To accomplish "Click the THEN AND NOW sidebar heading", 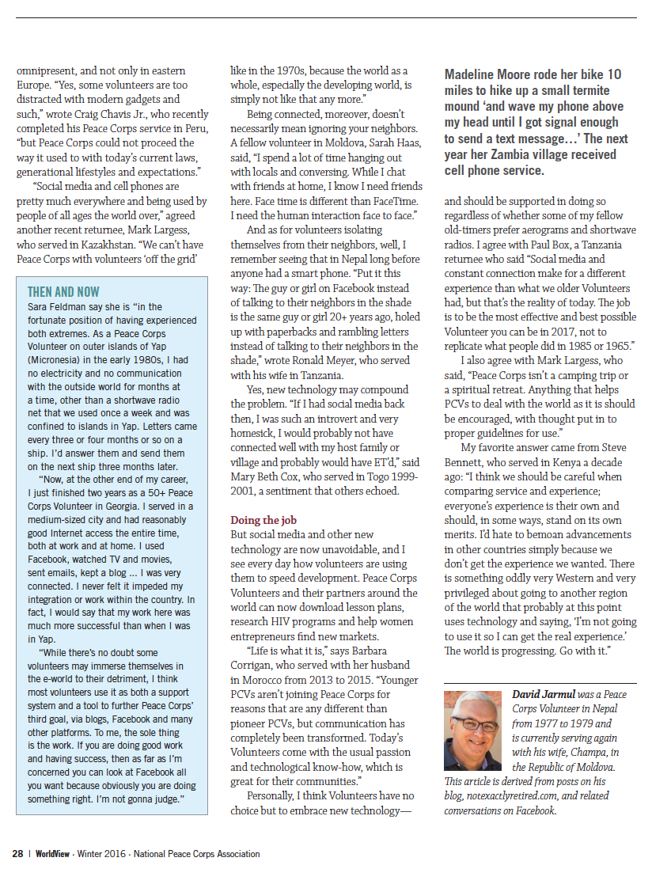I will click(64, 292).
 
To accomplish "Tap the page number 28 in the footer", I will click(17, 854).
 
